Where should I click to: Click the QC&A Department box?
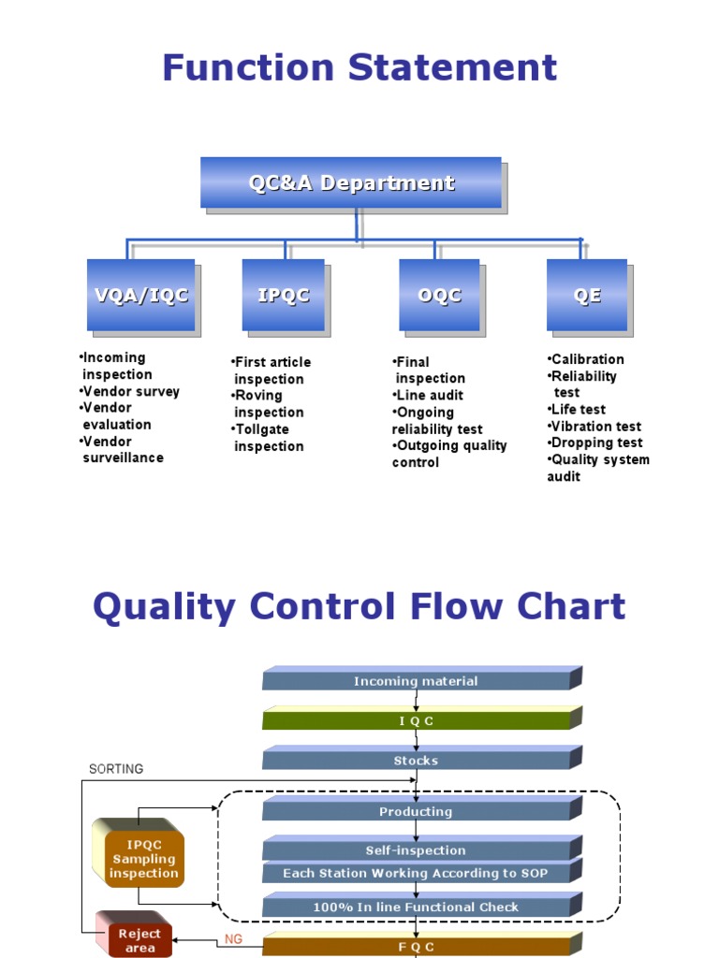pos(351,183)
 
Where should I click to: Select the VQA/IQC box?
pos(141,296)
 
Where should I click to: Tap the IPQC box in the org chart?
pos(283,296)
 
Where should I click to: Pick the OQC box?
pos(439,296)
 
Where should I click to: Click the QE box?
pos(587,296)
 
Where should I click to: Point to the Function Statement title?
pos(359,68)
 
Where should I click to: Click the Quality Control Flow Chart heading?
pos(359,607)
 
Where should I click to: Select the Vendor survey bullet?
pos(131,391)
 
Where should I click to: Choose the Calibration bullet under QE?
pos(587,359)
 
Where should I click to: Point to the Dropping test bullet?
pos(595,443)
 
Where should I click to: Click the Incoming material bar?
pos(416,681)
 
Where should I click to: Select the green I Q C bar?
pos(416,721)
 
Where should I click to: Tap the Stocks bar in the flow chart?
pos(416,761)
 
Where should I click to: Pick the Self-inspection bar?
pos(416,850)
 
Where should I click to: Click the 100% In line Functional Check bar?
pos(416,907)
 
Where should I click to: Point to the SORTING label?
pos(116,769)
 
